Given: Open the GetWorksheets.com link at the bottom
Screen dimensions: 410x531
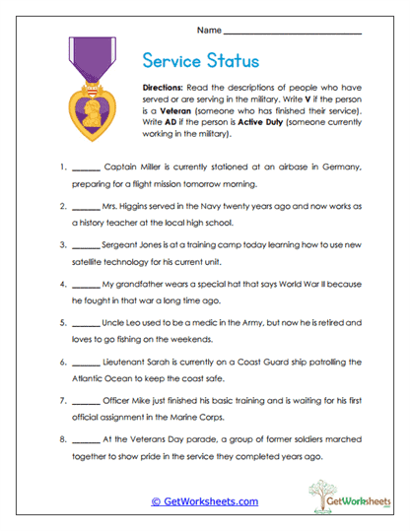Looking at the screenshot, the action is (204, 501).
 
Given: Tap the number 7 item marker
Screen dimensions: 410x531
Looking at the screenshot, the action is (62, 403).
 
